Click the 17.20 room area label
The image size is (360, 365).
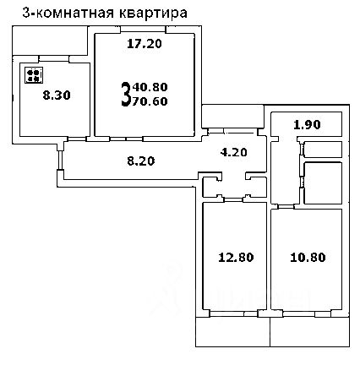144,46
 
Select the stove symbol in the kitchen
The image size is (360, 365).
35,76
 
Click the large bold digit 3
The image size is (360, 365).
127,95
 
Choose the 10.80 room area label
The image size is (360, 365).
304,256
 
